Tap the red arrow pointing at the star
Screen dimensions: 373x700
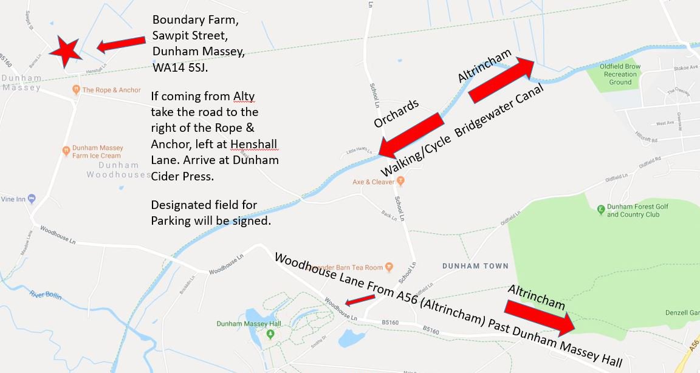point(122,44)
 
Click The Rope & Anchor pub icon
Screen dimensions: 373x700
point(76,90)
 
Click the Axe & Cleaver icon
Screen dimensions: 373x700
point(400,181)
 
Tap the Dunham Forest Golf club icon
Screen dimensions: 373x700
point(601,210)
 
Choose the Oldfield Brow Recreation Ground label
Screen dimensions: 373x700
point(620,74)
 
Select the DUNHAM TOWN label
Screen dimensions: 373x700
point(475,266)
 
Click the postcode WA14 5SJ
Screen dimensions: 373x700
point(180,69)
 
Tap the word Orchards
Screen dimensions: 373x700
point(397,114)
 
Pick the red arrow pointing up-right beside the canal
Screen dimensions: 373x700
point(501,79)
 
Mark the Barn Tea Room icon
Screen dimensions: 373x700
point(389,267)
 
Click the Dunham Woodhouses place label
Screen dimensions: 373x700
point(118,169)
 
